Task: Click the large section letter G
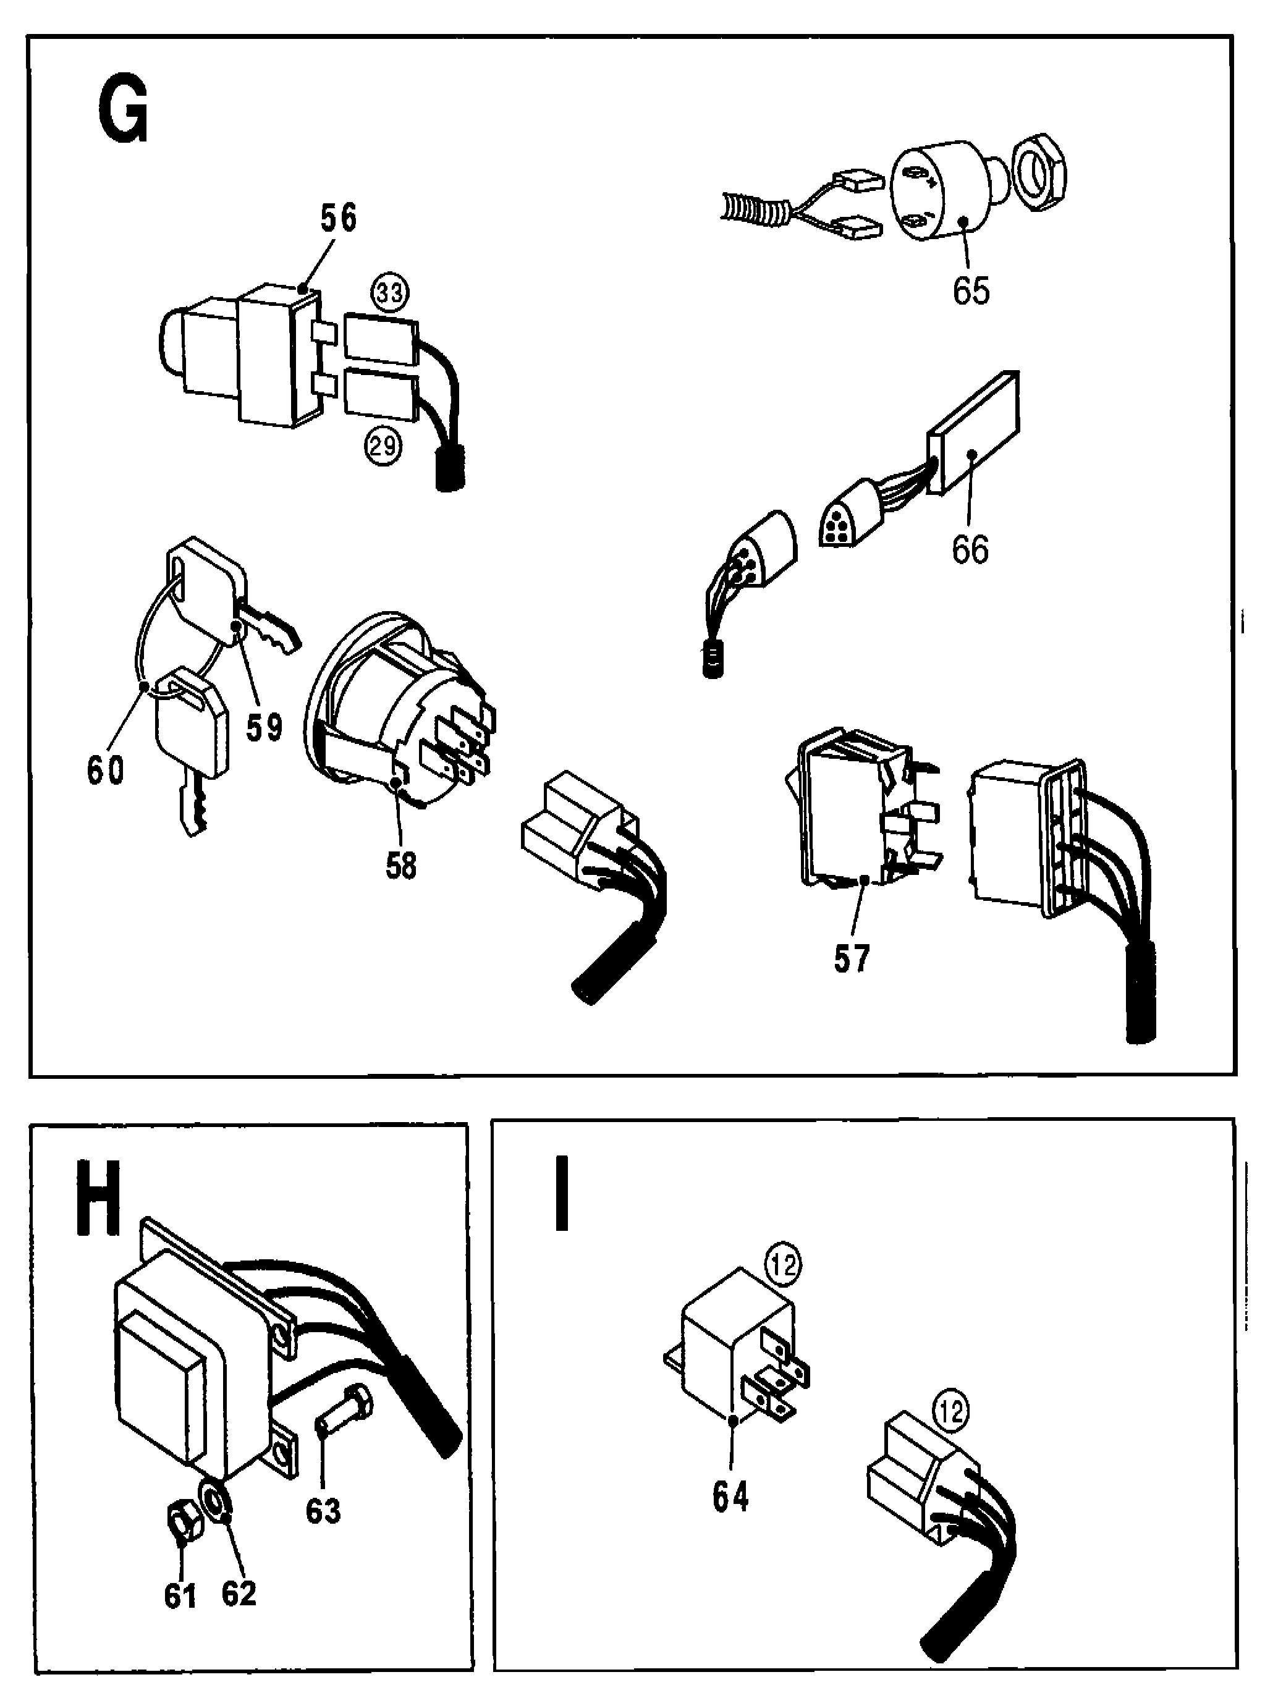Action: pyautogui.click(x=122, y=112)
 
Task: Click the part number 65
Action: pyautogui.click(x=971, y=291)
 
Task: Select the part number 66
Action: pyautogui.click(x=970, y=550)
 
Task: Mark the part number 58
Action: pyautogui.click(x=400, y=866)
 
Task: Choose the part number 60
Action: pyautogui.click(x=105, y=771)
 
